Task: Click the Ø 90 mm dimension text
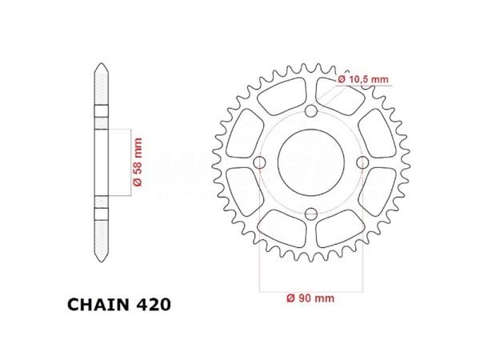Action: pos(310,298)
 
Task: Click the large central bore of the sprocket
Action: pos(310,162)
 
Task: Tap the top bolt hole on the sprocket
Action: pos(310,111)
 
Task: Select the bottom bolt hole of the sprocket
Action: pos(310,214)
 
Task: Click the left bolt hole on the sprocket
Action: pos(259,162)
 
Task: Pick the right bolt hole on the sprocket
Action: pos(362,162)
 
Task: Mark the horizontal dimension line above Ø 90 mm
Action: pos(310,287)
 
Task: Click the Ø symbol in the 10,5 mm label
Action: pos(341,78)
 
